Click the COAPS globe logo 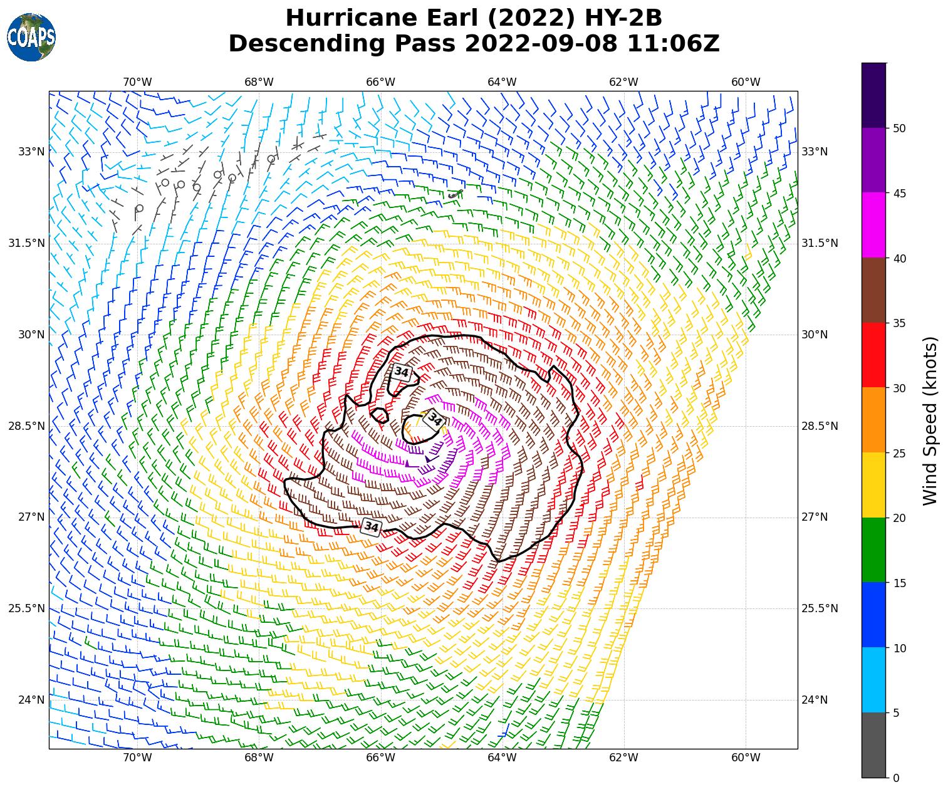[x=31, y=38]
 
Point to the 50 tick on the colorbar [x=900, y=128]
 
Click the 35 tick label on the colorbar [x=900, y=323]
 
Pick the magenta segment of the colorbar [x=873, y=225]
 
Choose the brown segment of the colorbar [x=873, y=290]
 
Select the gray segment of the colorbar [x=873, y=745]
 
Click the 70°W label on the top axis [x=137, y=82]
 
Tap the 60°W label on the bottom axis [x=746, y=758]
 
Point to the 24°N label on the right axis [x=815, y=700]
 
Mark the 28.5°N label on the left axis [x=26, y=426]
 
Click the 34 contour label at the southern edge [x=372, y=527]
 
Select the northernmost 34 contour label [x=401, y=372]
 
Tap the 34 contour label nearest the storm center [x=434, y=419]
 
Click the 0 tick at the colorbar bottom [x=895, y=778]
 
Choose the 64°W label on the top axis [x=502, y=82]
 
